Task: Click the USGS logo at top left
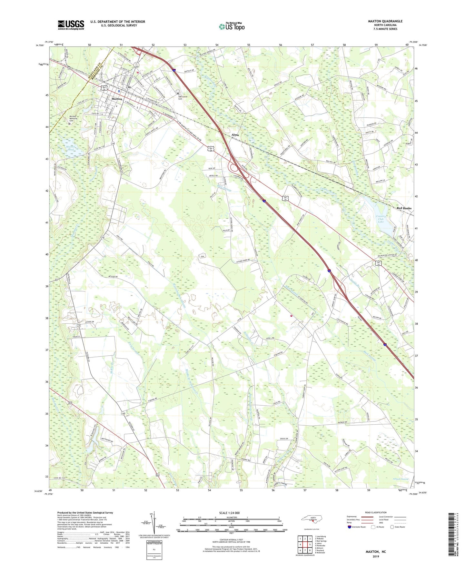pyautogui.click(x=71, y=25)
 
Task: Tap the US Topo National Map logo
pyautogui.click(x=232, y=26)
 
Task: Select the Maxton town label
pyautogui.click(x=116, y=99)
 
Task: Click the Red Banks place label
pyautogui.click(x=404, y=208)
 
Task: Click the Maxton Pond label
pyautogui.click(x=70, y=148)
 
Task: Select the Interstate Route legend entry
pyautogui.click(x=358, y=527)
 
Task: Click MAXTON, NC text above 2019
pyautogui.click(x=375, y=552)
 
